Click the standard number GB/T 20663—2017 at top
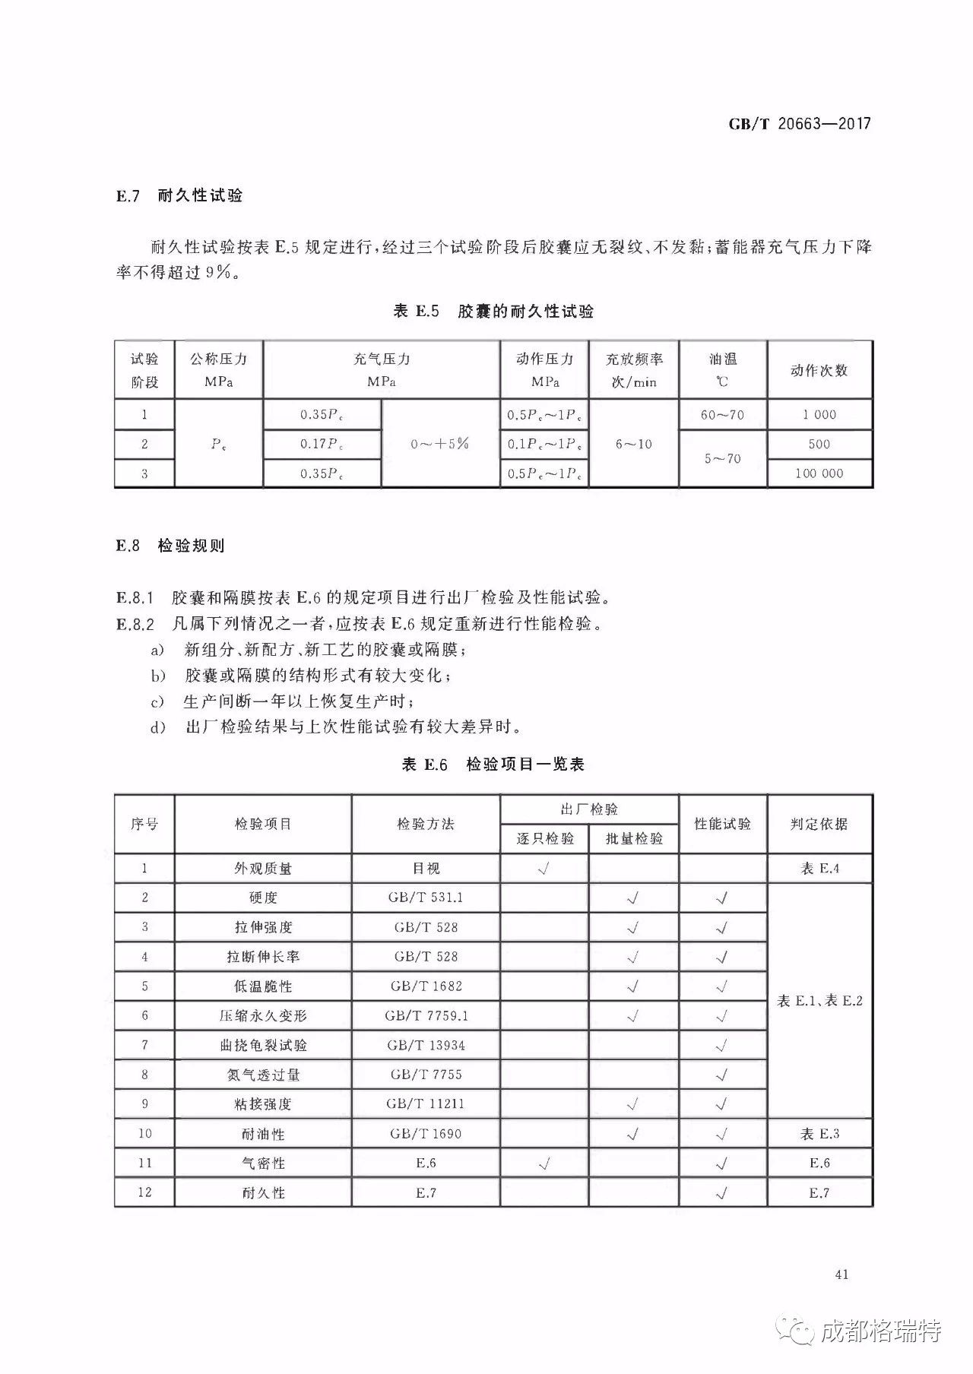click(x=799, y=124)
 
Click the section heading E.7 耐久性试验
click(x=179, y=195)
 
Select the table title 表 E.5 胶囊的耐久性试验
click(x=493, y=311)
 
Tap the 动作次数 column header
click(x=819, y=370)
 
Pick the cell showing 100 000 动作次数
click(x=819, y=473)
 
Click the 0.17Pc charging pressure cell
click(x=322, y=444)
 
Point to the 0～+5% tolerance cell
click(x=440, y=444)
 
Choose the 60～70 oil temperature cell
click(x=722, y=415)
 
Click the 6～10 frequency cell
click(x=633, y=444)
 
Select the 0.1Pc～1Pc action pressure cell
click(x=544, y=444)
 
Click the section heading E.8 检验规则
click(x=170, y=546)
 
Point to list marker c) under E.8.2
click(x=157, y=701)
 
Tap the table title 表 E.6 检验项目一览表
click(x=493, y=765)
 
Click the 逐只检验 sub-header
click(x=544, y=838)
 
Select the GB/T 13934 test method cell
click(x=426, y=1045)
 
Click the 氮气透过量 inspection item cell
click(x=263, y=1075)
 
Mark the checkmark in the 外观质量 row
click(x=544, y=869)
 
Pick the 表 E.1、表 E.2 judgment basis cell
click(x=819, y=1001)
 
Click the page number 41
click(x=841, y=1274)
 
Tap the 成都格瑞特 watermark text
click(x=882, y=1331)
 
